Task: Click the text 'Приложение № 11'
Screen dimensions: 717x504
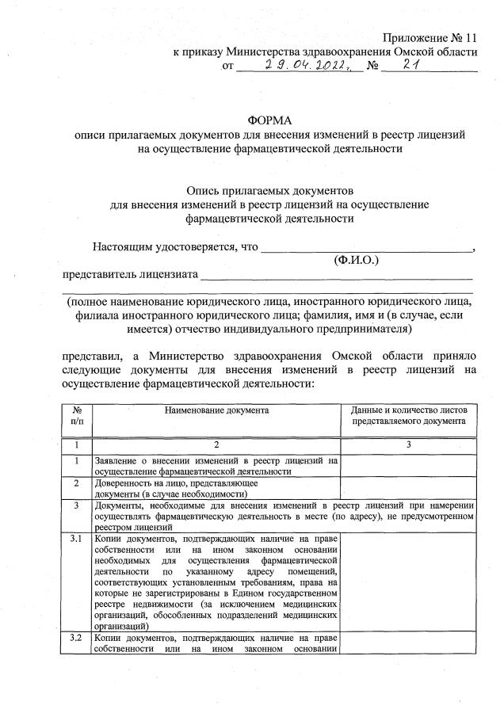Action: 430,38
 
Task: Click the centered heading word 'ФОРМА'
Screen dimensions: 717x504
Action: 269,121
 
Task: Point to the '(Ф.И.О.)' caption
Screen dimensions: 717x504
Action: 357,259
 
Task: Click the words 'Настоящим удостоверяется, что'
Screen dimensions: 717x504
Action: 175,246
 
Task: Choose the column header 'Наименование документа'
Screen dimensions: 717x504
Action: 216,410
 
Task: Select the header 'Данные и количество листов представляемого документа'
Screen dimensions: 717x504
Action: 408,416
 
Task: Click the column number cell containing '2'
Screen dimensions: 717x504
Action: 216,446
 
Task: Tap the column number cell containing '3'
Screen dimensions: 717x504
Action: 408,446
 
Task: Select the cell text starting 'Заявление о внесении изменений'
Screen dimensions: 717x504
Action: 216,465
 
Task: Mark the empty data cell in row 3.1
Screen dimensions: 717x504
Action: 408,582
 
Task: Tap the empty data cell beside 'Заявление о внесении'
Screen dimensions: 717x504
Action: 408,465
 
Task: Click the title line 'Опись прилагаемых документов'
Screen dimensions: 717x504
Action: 269,191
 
